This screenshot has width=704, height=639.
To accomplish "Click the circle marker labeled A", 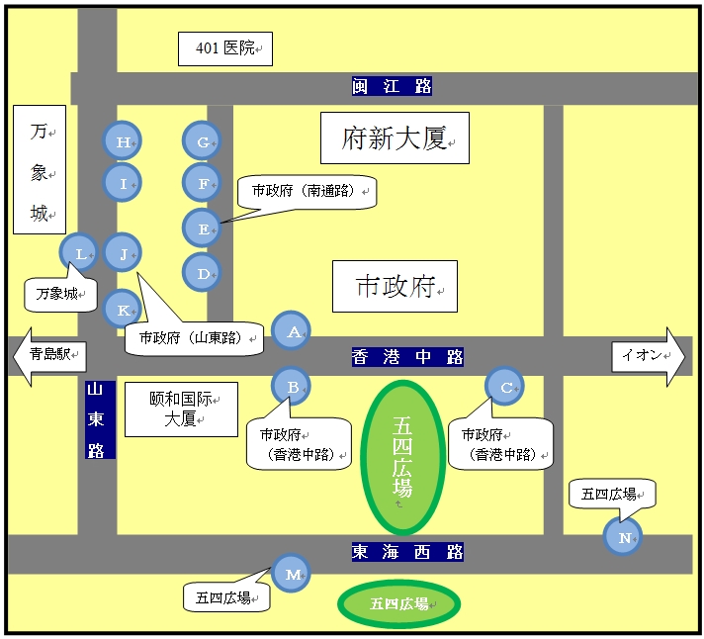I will (x=293, y=332).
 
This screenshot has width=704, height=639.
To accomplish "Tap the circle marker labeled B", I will (x=293, y=387).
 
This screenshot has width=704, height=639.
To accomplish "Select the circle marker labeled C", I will (x=506, y=388).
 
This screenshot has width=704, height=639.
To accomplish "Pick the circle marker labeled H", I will (x=123, y=142).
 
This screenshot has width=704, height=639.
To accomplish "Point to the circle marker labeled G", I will (x=202, y=142).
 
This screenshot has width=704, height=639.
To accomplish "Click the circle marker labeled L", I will (x=79, y=253).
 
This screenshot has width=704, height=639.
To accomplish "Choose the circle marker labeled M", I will (x=292, y=573).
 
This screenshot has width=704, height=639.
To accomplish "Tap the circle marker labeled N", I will (x=623, y=537).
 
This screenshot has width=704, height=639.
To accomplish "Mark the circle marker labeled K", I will (x=123, y=310).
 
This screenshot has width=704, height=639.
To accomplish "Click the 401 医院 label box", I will (x=224, y=47).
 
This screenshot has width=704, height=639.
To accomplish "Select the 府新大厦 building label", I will (x=394, y=137).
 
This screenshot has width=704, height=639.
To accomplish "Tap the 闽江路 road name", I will (x=393, y=86).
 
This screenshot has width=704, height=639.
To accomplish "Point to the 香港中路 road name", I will (x=407, y=357).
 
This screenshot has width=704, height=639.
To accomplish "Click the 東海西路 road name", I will (x=407, y=551).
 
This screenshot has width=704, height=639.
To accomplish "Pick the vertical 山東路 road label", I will (x=100, y=419).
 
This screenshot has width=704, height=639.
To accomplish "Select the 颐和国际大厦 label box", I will (x=181, y=409).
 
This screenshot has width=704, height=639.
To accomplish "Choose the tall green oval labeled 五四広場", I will (x=402, y=458).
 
